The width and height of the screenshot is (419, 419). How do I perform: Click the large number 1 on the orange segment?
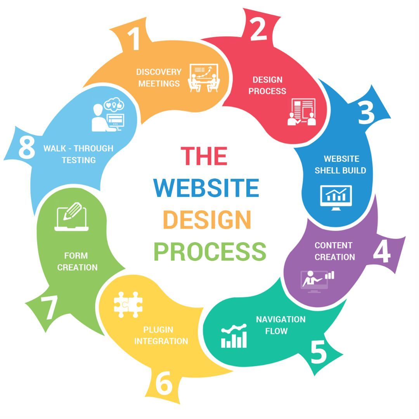(134, 39)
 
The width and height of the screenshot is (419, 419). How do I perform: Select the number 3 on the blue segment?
(366, 113)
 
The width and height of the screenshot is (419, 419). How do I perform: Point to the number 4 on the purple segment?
(382, 252)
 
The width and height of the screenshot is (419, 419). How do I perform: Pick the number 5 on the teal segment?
(319, 352)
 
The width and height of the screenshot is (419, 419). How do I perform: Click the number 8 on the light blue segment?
(26, 148)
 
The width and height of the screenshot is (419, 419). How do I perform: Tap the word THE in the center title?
(204, 155)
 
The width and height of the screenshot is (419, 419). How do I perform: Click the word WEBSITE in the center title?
(206, 188)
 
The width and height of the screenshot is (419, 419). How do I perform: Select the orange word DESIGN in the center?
(207, 220)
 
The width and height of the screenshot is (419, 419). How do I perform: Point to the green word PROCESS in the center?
(210, 251)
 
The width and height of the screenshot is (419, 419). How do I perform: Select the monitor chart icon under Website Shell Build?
(336, 197)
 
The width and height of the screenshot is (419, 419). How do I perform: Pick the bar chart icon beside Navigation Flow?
(234, 336)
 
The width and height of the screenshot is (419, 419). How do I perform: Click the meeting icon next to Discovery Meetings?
(204, 78)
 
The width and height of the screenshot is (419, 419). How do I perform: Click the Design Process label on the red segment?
(267, 85)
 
